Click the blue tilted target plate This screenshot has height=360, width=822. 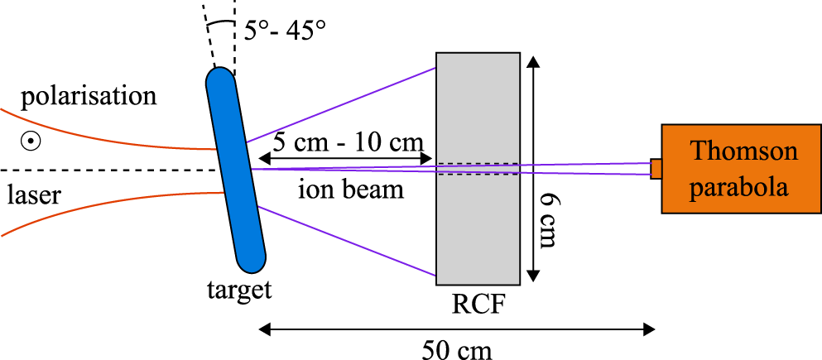coord(236,170)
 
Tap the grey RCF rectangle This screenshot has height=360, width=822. coord(478,169)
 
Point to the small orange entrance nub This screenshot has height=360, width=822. coord(656,169)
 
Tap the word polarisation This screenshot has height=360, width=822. coord(89,98)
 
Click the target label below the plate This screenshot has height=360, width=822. coord(239,290)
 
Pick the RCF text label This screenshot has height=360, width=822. coord(478,304)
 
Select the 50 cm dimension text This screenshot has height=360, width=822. coord(458,349)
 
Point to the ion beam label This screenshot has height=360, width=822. coord(351,190)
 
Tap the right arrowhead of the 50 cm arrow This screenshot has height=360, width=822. coord(648,329)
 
